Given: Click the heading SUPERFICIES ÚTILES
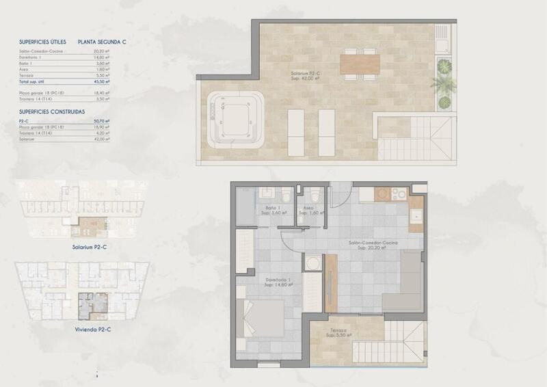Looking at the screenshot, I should (42, 42).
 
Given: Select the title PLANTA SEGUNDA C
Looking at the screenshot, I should (103, 42).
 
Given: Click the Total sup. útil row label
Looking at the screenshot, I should (35, 81).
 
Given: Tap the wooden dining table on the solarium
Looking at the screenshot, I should (360, 65).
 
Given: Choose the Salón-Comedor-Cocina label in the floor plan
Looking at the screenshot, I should (372, 243).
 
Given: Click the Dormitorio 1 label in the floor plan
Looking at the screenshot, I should (278, 281).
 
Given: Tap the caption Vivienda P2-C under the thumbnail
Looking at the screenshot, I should (94, 329).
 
